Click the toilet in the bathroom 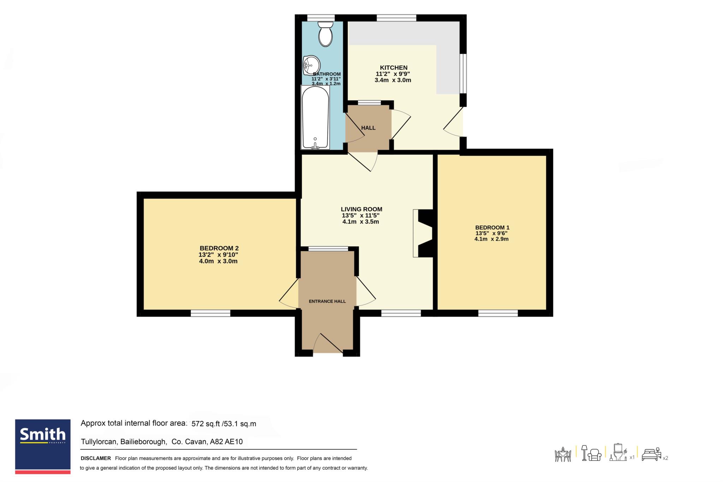pyautogui.click(x=325, y=34)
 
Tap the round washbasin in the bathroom pyautogui.click(x=311, y=65)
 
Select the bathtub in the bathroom pyautogui.click(x=315, y=117)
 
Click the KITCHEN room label pyautogui.click(x=394, y=67)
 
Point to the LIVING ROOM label pyautogui.click(x=361, y=209)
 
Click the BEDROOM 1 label pyautogui.click(x=492, y=227)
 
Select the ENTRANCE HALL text pyautogui.click(x=327, y=301)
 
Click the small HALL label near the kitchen pyautogui.click(x=368, y=128)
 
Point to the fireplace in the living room pyautogui.click(x=423, y=233)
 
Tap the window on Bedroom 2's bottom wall pyautogui.click(x=210, y=313)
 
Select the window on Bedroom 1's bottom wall pyautogui.click(x=498, y=313)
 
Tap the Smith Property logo pyautogui.click(x=43, y=447)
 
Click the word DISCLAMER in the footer pyautogui.click(x=96, y=458)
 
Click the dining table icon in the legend pyautogui.click(x=563, y=454)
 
